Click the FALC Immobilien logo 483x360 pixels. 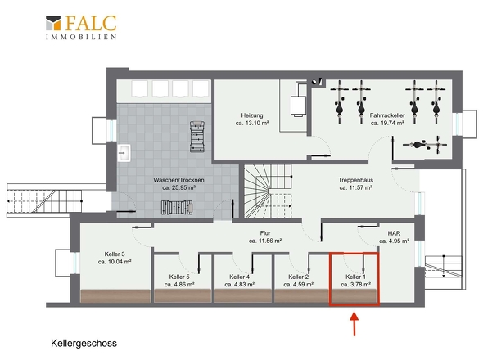(81, 27)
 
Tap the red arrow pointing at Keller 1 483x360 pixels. (354, 324)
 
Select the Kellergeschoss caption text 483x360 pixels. (84, 344)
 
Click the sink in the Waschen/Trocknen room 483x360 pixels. (124, 153)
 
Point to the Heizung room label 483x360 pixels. (252, 115)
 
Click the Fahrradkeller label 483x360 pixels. (387, 115)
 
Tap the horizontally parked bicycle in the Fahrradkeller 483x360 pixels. (425, 145)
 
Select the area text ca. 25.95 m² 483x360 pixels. (179, 187)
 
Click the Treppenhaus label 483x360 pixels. (356, 180)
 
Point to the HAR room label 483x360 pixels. (395, 233)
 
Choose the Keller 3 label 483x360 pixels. (115, 254)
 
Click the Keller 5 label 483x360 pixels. (179, 277)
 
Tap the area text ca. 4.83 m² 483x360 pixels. (239, 285)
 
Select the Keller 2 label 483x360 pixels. (299, 277)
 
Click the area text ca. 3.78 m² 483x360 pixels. (356, 285)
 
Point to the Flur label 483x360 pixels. (265, 233)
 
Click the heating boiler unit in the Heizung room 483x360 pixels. (299, 106)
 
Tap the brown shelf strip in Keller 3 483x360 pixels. (115, 295)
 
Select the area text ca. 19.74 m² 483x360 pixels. (387, 124)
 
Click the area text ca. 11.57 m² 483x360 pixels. (356, 187)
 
